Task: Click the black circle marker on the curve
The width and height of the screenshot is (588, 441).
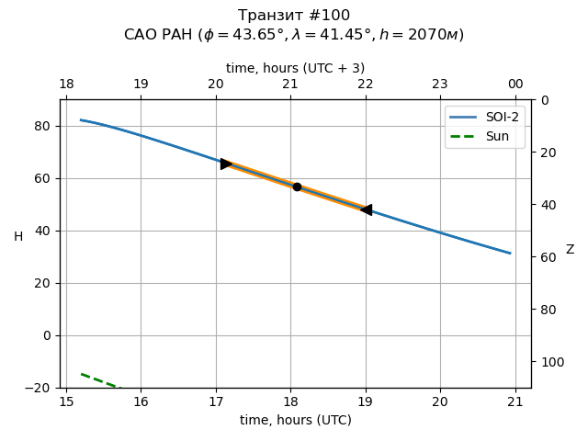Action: click(297, 187)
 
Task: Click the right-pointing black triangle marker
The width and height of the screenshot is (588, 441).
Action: click(226, 164)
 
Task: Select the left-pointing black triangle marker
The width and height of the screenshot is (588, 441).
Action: click(366, 209)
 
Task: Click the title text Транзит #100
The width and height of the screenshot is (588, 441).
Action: click(294, 16)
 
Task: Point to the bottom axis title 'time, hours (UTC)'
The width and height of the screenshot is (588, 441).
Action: click(296, 420)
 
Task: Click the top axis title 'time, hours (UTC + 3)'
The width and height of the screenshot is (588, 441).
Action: click(295, 68)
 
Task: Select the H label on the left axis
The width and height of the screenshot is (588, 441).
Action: click(18, 237)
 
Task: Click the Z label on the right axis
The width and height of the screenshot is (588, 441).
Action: click(570, 250)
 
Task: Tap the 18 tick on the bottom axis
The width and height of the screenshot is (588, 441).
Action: click(290, 401)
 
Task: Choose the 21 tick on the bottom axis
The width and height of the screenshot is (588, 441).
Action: click(514, 401)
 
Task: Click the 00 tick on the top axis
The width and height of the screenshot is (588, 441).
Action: click(514, 85)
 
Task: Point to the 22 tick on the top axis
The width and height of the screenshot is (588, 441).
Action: click(366, 85)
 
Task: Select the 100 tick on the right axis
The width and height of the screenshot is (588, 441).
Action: click(549, 362)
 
